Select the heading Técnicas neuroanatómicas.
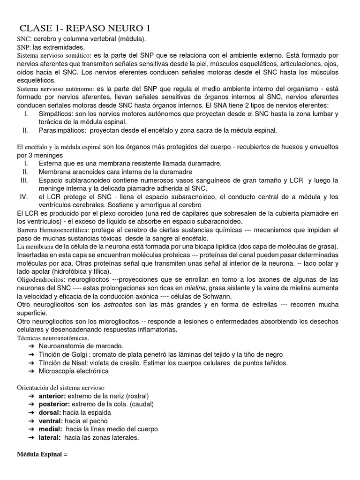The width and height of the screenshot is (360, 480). (x=52, y=337)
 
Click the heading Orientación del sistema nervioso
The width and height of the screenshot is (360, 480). (x=61, y=388)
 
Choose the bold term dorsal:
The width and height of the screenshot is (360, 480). (x=50, y=412)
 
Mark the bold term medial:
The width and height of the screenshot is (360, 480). (x=51, y=429)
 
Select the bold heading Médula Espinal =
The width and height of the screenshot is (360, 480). (x=43, y=454)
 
